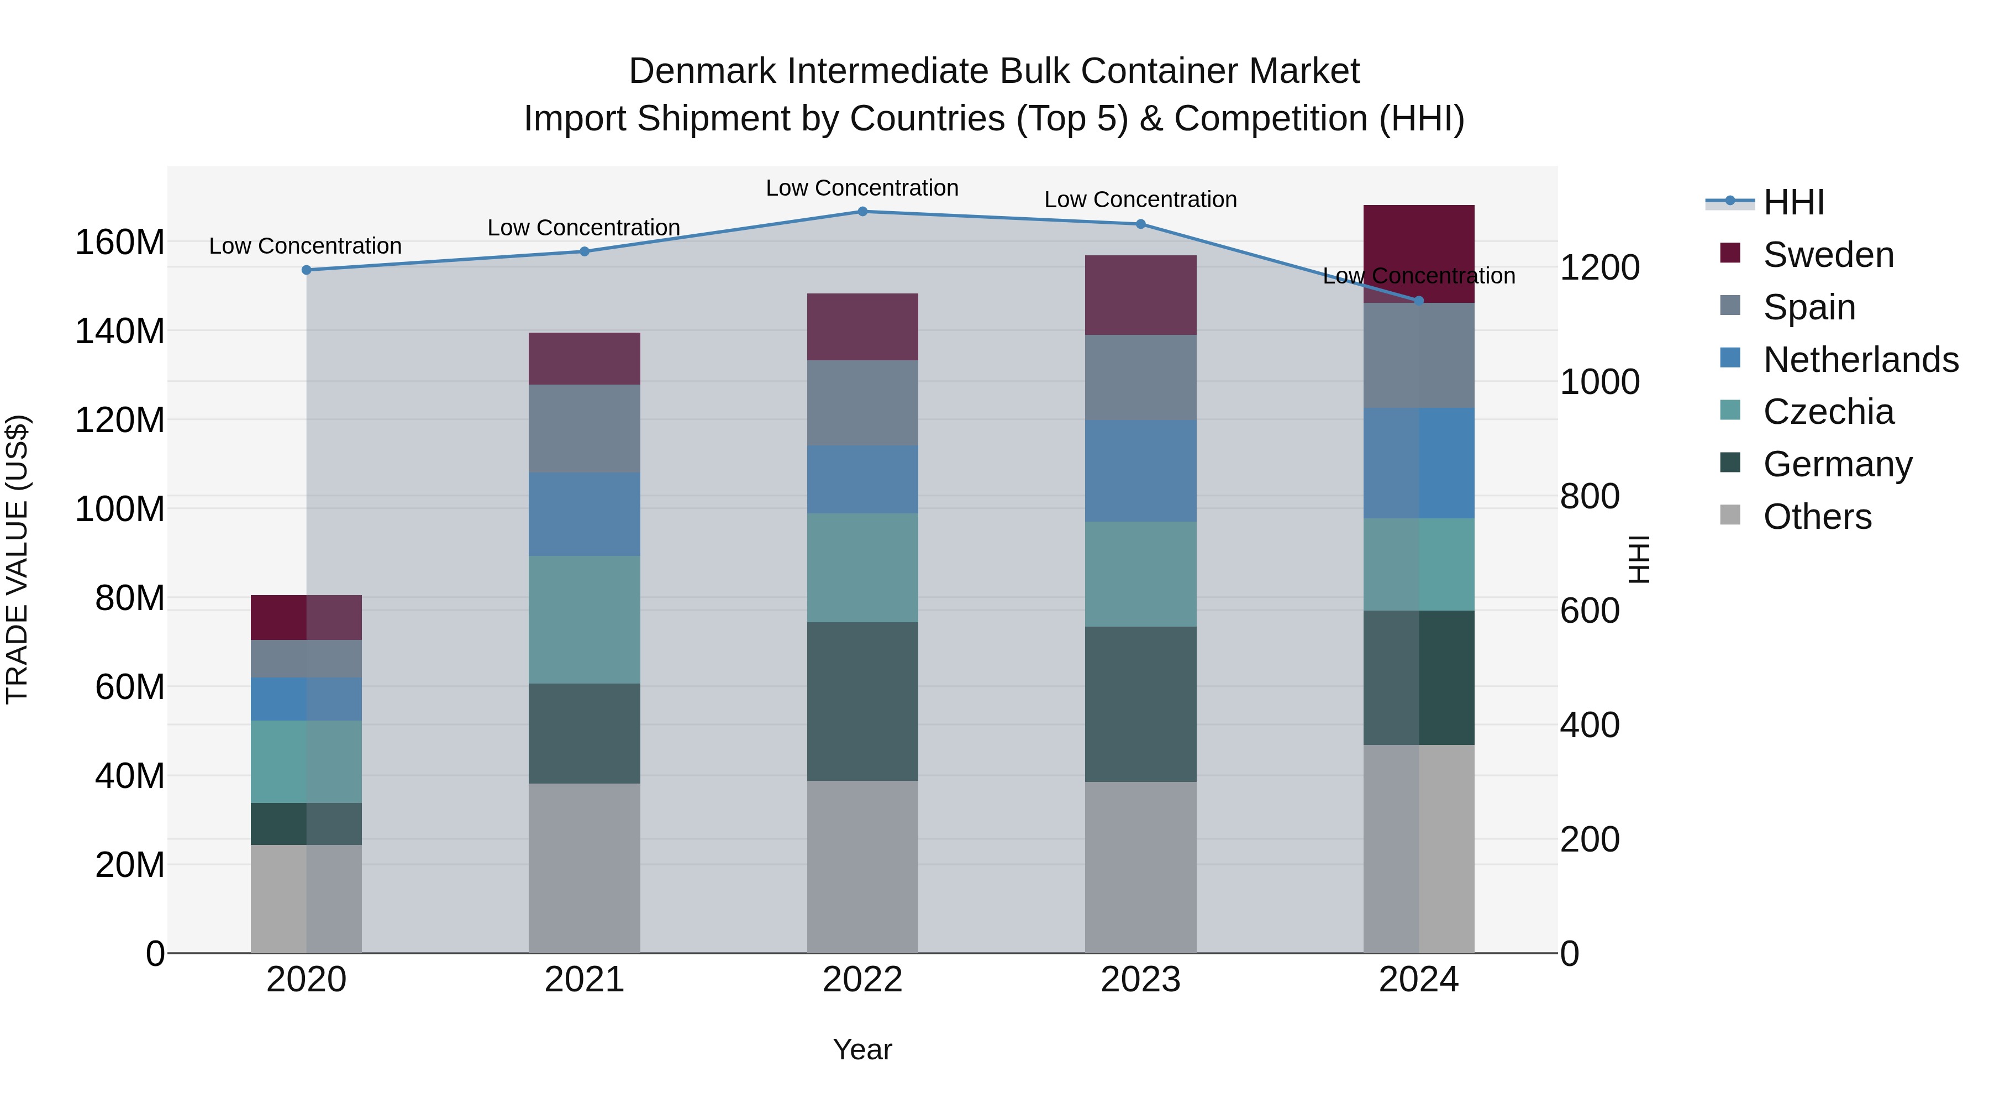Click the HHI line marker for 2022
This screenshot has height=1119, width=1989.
click(x=862, y=212)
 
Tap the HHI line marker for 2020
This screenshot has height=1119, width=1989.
click(x=307, y=270)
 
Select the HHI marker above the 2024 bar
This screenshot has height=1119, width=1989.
click(x=1418, y=301)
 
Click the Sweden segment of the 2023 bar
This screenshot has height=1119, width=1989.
click(x=1140, y=295)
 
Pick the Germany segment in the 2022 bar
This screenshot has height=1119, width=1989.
click(x=862, y=701)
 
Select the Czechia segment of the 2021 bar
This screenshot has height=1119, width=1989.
click(x=585, y=619)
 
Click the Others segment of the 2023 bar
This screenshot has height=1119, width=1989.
click(x=1140, y=866)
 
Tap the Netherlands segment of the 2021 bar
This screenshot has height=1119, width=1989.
click(x=585, y=514)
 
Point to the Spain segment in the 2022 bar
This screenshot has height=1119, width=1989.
click(x=862, y=403)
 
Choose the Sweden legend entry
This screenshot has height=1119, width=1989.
click(x=1828, y=255)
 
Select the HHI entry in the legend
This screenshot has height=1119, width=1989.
click(x=1793, y=202)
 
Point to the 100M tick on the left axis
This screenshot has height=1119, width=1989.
click(x=120, y=509)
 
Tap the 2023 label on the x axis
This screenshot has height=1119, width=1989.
click(x=1140, y=980)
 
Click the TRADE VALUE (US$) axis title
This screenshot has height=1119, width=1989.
click(x=17, y=559)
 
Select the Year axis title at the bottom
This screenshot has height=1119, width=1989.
click(x=862, y=1049)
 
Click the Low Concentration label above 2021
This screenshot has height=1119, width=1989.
click(x=584, y=228)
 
